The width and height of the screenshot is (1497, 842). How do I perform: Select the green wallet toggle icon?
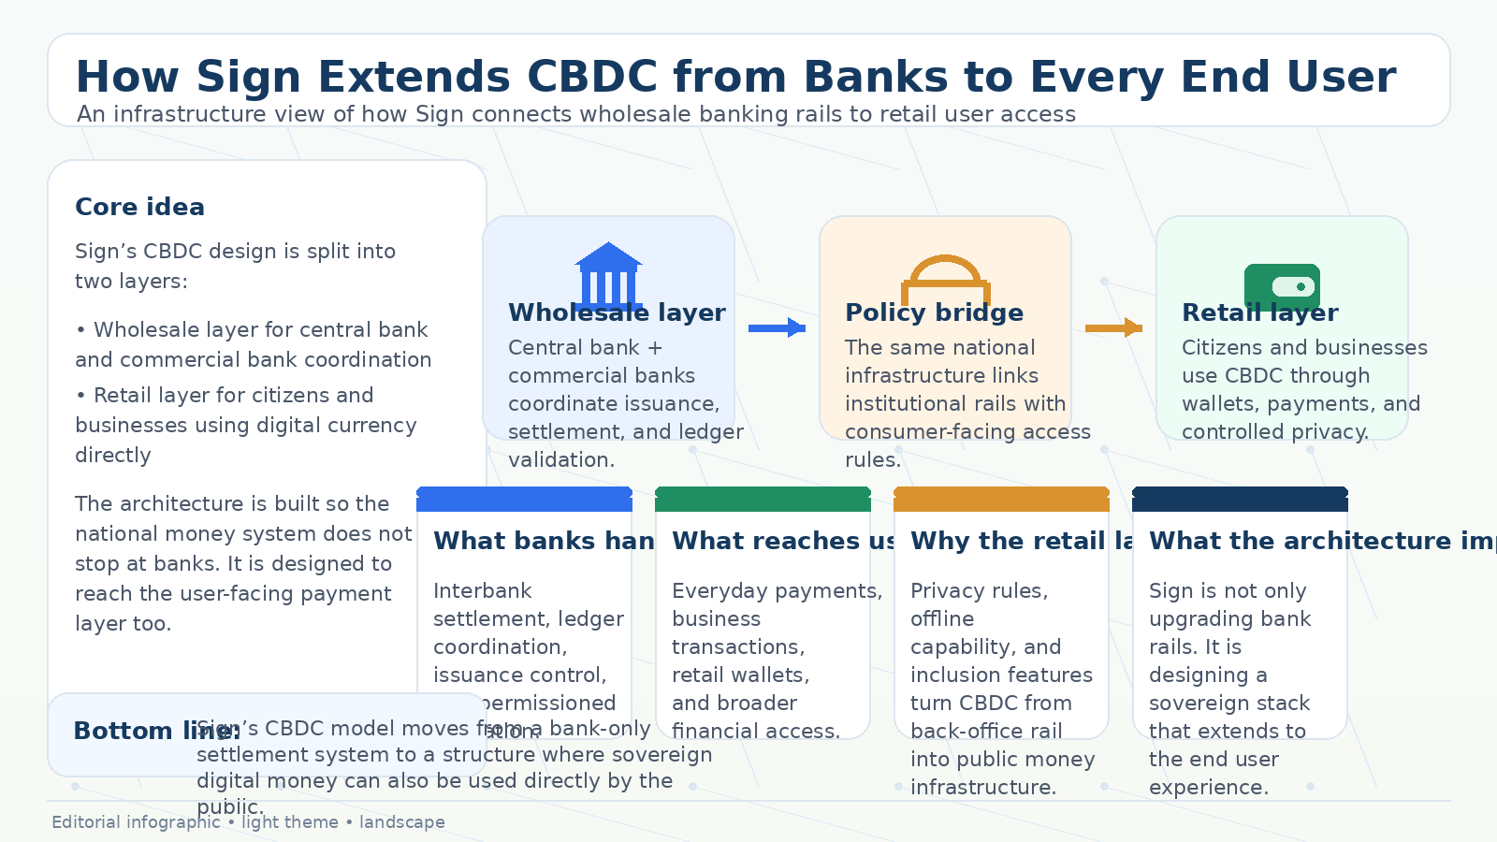1282,285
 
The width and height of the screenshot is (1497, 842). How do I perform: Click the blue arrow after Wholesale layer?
777,327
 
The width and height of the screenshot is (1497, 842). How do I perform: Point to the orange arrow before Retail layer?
1113,327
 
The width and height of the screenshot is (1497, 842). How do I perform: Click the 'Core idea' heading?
139,207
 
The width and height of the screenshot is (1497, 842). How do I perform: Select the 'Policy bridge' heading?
934,312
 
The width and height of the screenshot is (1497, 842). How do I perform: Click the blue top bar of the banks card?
524,500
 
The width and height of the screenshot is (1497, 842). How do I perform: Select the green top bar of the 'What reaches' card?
763,500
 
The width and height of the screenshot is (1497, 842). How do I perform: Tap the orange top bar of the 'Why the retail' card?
1001,500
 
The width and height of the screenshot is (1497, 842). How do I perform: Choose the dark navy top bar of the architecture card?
1240,500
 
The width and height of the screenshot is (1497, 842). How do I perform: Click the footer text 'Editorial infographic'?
136,822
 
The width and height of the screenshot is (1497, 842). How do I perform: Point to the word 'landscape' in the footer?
401,822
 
